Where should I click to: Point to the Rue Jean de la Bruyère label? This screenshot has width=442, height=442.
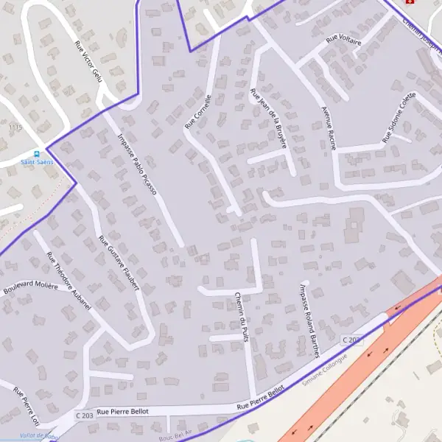pyautogui.click(x=268, y=119)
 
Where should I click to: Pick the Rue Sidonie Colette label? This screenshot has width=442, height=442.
pyautogui.click(x=399, y=118)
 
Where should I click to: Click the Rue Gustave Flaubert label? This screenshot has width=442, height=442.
pyautogui.click(x=119, y=263)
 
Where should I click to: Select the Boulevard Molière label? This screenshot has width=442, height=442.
pyautogui.click(x=30, y=286)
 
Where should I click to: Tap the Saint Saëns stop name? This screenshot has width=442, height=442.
pyautogui.click(x=37, y=163)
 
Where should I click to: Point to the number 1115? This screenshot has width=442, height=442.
pyautogui.click(x=15, y=127)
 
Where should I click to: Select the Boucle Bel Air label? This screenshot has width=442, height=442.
pyautogui.click(x=179, y=433)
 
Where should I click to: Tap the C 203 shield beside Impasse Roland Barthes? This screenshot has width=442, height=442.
pyautogui.click(x=352, y=340)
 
